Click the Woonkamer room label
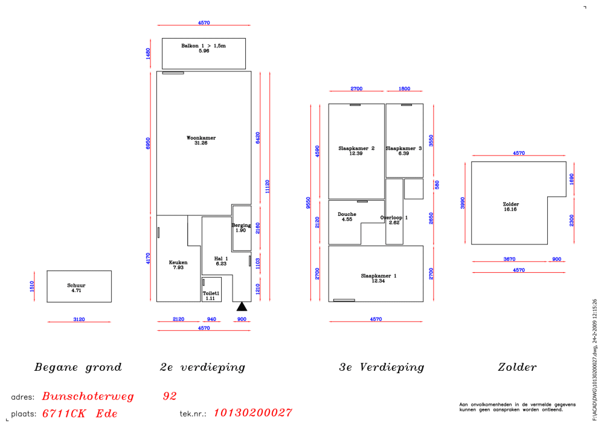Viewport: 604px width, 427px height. click(x=201, y=138)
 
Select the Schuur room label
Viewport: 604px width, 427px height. click(x=76, y=285)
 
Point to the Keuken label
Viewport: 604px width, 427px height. click(x=178, y=262)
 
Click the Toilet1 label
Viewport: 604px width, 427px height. click(x=211, y=293)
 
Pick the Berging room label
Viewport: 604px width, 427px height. click(x=241, y=225)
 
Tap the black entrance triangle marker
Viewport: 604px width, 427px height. click(x=242, y=307)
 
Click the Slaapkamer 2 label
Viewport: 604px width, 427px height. click(x=356, y=148)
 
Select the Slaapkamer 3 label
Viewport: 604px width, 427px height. click(x=403, y=148)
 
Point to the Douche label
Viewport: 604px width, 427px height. click(x=347, y=214)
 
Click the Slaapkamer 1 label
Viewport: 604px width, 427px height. click(x=379, y=276)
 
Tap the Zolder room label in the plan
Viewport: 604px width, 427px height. click(x=511, y=204)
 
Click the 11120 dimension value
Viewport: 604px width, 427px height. click(x=268, y=186)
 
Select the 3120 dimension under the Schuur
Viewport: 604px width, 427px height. click(x=79, y=319)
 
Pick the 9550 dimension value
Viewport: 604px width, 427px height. click(x=308, y=203)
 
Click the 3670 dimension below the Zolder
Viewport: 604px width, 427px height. click(x=509, y=259)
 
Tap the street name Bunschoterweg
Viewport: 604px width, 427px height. click(x=88, y=396)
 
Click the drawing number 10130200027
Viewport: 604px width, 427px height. click(x=252, y=412)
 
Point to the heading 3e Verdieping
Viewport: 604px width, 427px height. click(x=381, y=367)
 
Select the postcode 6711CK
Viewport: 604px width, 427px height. click(x=64, y=414)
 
